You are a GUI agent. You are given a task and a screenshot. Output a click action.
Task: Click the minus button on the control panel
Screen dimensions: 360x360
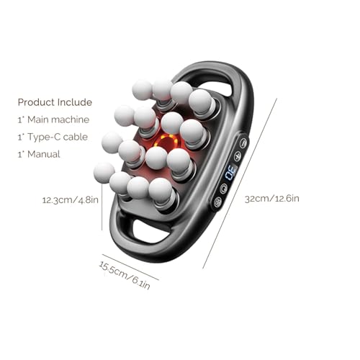[243, 143]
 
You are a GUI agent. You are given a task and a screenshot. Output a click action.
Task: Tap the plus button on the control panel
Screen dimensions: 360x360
[238, 156]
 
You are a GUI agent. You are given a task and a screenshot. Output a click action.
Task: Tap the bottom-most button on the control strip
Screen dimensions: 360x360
[217, 202]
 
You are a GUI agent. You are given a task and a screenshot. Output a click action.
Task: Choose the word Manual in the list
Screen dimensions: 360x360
[44, 154]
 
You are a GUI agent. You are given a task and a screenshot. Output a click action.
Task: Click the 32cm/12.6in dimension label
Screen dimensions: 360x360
[272, 199]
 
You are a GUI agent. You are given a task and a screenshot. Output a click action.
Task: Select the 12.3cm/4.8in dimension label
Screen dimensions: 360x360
[71, 200]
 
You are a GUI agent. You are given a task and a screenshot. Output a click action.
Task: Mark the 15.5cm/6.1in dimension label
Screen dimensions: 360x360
[125, 275]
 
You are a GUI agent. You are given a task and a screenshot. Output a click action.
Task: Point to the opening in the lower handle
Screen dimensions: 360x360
[150, 231]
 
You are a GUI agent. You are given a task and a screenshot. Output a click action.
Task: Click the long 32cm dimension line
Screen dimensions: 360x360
[240, 183]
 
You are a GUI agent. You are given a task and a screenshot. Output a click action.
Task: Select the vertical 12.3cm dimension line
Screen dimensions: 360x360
[102, 207]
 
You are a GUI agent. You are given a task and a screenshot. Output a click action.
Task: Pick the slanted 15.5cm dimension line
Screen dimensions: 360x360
[130, 267]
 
